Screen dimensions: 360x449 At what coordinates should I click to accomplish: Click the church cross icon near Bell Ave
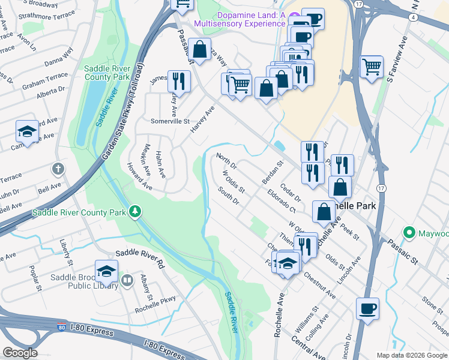click(x=58, y=169)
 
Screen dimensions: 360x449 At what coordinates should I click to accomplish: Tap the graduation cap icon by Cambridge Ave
click(x=27, y=131)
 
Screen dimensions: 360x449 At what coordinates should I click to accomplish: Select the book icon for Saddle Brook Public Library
click(x=127, y=280)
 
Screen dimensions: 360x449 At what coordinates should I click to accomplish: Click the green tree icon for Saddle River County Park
click(x=136, y=211)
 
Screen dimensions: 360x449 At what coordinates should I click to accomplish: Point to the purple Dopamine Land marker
click(x=293, y=17)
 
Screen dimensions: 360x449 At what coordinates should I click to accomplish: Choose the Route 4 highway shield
click(x=414, y=17)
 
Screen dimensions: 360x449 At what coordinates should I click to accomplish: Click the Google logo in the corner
click(x=19, y=353)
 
